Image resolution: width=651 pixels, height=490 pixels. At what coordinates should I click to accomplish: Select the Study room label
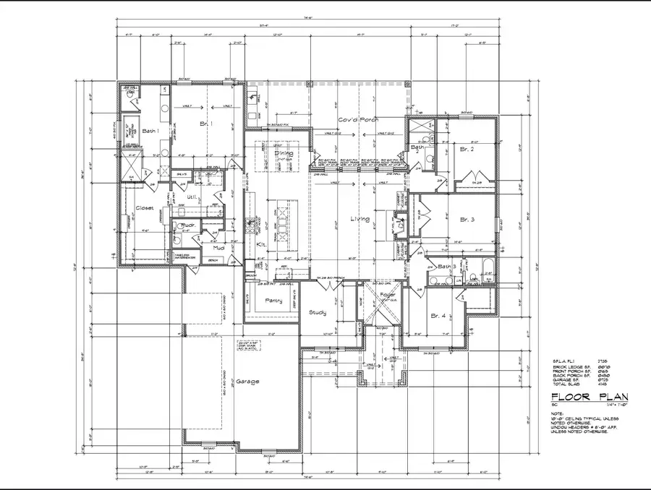317,312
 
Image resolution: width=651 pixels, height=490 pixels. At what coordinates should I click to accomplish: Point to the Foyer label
388,295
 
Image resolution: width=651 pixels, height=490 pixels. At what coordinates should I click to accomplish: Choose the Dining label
282,153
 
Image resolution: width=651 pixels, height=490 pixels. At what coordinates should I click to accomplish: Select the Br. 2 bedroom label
467,149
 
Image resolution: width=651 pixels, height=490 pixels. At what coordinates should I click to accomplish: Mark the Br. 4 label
438,317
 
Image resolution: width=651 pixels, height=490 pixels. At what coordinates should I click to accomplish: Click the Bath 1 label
150,131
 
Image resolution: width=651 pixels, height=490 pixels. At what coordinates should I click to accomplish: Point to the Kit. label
262,245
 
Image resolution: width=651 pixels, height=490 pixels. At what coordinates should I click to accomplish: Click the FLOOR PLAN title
590,397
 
